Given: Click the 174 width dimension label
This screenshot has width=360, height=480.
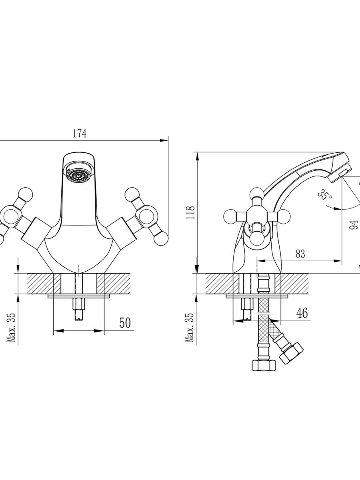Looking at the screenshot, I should [x=79, y=134].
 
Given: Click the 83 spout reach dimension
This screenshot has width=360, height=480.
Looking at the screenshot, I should [x=300, y=254].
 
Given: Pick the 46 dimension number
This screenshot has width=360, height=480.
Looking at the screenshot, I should [x=302, y=313].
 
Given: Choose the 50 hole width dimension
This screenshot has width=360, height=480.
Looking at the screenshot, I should [x=125, y=322].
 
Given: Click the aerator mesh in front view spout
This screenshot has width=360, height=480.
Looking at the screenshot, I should [x=78, y=176].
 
